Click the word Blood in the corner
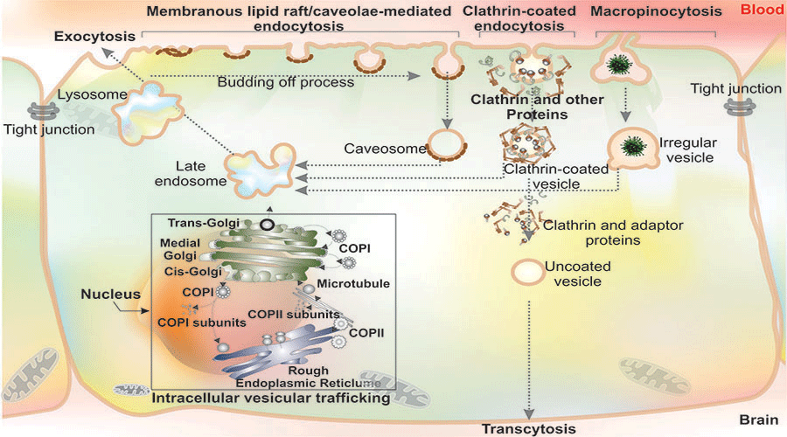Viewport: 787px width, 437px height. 762,11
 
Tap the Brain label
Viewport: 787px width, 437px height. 756,419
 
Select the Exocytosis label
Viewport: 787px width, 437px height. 94,38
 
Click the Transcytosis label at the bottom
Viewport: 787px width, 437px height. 529,428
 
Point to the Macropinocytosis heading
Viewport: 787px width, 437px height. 655,13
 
